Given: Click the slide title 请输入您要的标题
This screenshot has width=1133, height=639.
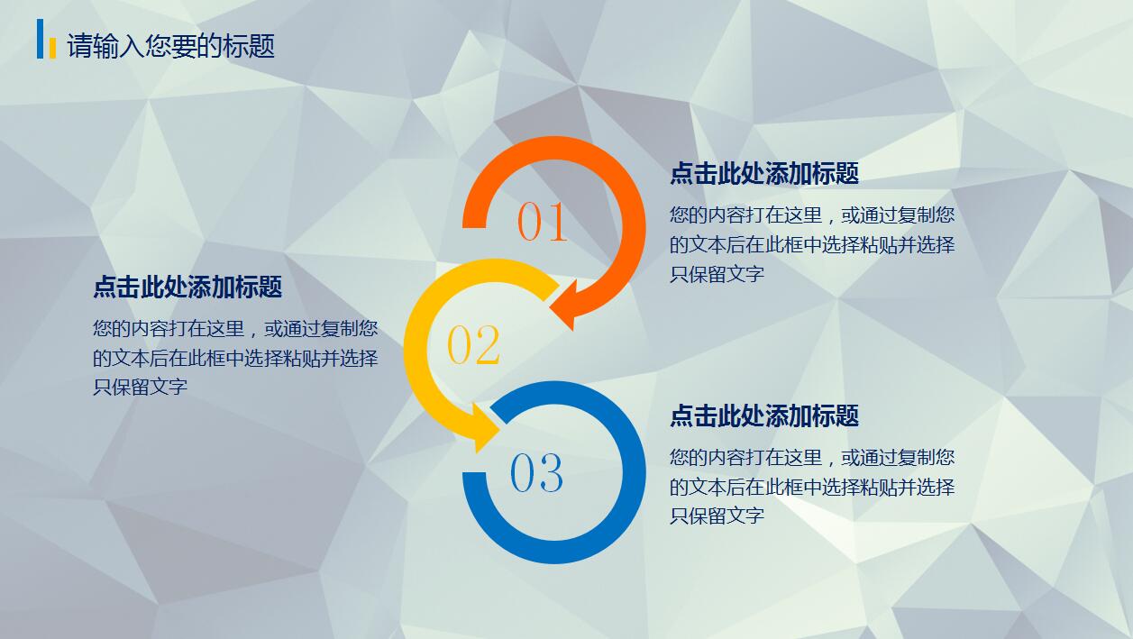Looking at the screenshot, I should tap(171, 46).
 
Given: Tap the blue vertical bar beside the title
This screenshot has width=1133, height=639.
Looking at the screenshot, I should tap(41, 39).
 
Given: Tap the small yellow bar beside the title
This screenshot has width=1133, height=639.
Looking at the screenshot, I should tap(52, 47).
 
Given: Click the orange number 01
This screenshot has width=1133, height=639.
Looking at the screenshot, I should tap(543, 222).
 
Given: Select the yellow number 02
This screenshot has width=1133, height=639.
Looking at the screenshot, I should tap(473, 345).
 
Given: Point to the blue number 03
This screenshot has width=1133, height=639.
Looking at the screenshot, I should tap(536, 472).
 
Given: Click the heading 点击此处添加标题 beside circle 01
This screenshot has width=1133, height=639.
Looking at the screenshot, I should tap(763, 173).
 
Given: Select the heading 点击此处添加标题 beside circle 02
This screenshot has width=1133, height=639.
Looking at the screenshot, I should tap(187, 287).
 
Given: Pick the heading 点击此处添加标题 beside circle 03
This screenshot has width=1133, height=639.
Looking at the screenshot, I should tap(763, 415).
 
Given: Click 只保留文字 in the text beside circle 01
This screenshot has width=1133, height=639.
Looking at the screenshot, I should tap(717, 274).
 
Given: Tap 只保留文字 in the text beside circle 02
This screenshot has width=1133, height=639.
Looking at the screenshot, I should tap(140, 387).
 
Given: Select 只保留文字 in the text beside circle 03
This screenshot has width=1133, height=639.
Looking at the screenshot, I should tap(717, 516).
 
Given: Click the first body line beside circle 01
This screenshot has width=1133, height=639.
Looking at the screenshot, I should tap(811, 215).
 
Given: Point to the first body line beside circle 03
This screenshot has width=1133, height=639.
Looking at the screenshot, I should tap(811, 457).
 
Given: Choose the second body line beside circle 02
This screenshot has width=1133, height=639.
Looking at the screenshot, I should tap(234, 358).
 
